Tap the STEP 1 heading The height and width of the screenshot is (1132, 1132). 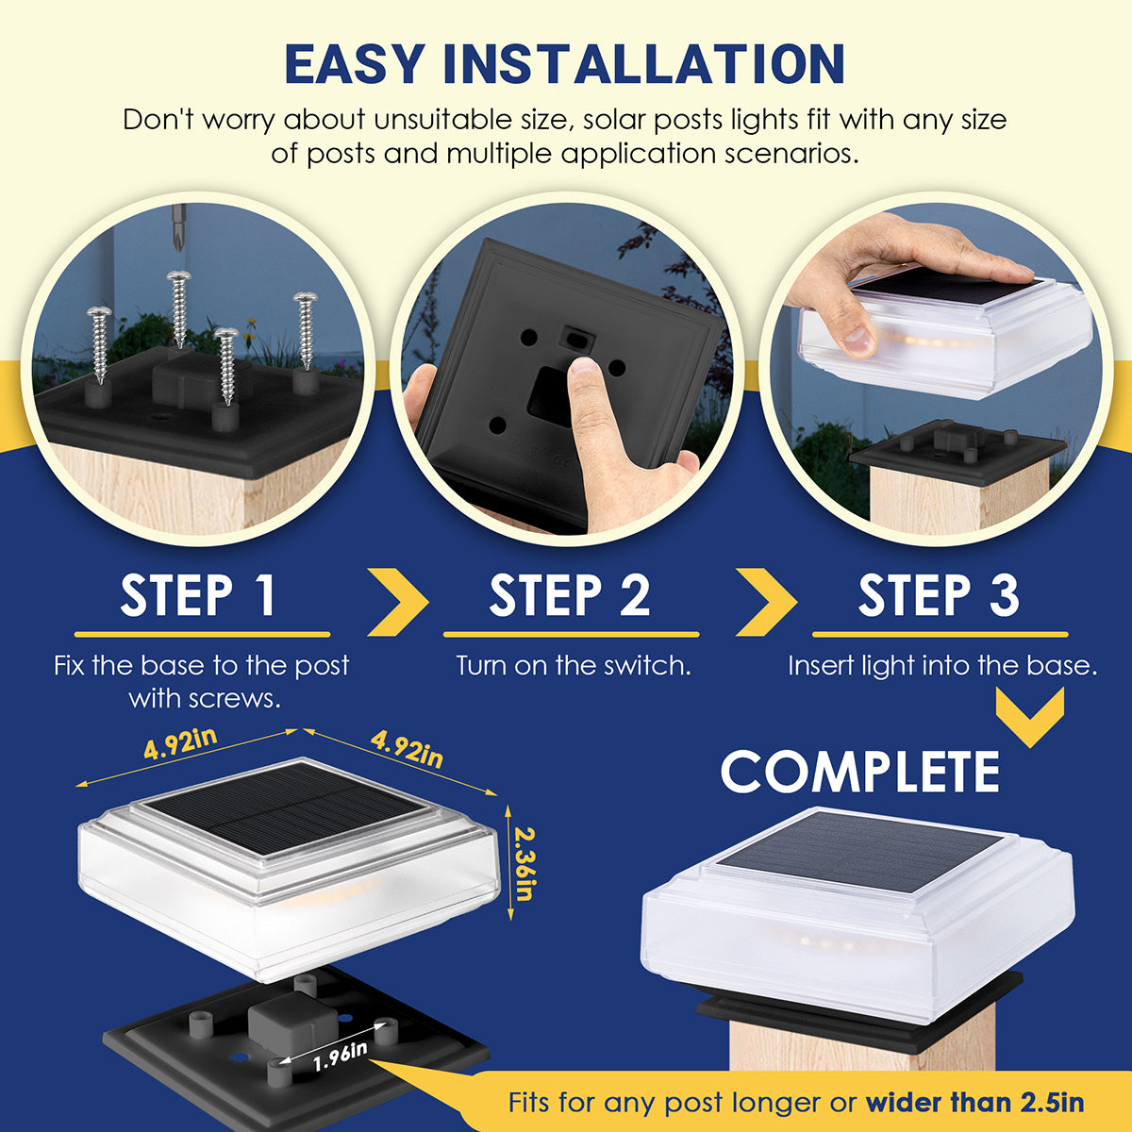click(198, 595)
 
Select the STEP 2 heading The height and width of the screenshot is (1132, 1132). click(570, 595)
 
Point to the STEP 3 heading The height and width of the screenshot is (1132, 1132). click(939, 595)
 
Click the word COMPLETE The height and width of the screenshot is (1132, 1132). click(860, 772)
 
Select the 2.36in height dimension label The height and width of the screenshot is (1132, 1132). click(524, 863)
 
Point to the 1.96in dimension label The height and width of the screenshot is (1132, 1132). click(340, 1056)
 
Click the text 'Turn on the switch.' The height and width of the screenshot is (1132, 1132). click(574, 666)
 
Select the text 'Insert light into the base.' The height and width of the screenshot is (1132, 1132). click(942, 666)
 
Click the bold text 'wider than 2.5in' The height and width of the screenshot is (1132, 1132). click(974, 1103)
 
